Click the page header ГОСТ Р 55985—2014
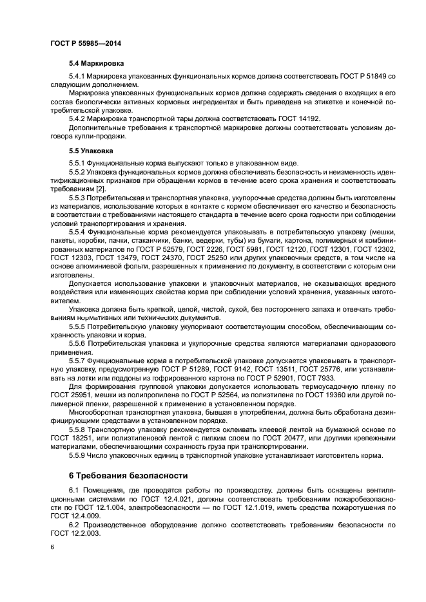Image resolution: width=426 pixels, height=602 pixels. (86, 43)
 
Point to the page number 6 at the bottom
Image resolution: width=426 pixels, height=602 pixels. (52, 547)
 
